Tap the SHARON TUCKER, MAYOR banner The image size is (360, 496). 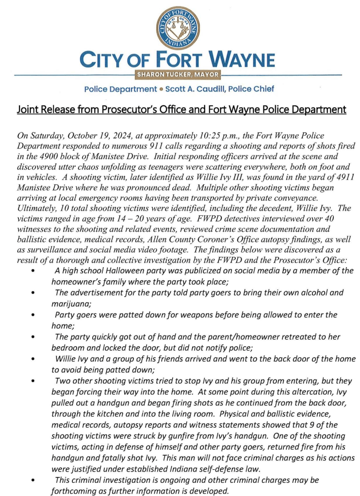(178, 75)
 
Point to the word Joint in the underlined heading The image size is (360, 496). (28, 110)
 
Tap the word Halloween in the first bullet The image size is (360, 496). (133, 271)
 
